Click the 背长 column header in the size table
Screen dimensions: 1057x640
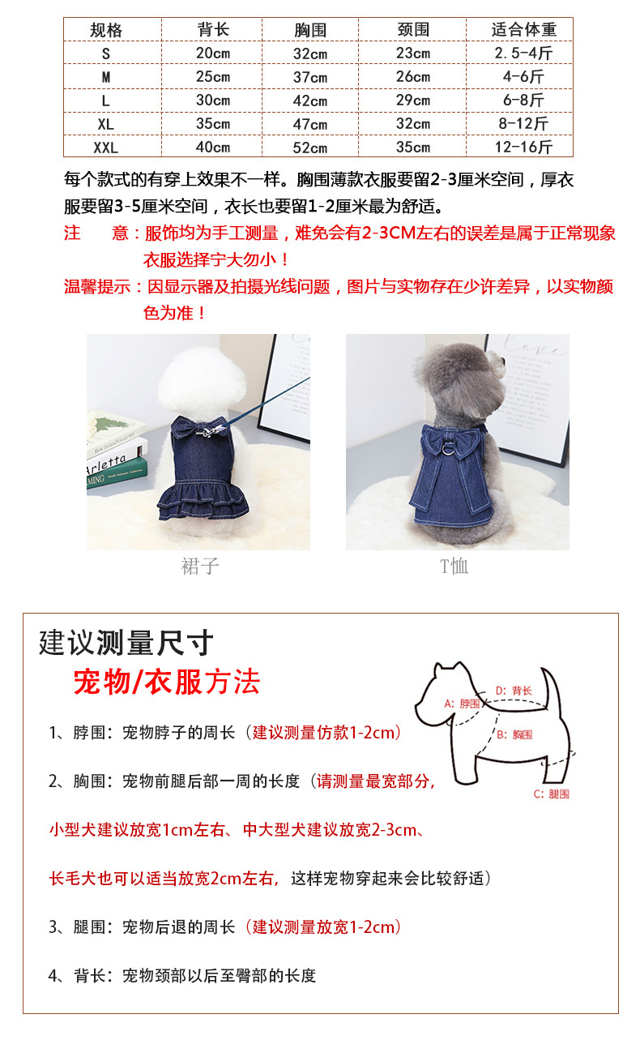click(x=213, y=30)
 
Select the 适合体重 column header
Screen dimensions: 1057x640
click(x=523, y=30)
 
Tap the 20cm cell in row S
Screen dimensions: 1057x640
click(x=213, y=53)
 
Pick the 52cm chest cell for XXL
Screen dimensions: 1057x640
click(x=310, y=148)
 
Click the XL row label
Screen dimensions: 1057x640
click(x=105, y=124)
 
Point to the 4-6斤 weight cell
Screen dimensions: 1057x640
click(x=523, y=77)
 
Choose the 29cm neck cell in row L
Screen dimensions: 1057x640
click(x=413, y=101)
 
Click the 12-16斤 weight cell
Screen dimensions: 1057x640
click(x=523, y=148)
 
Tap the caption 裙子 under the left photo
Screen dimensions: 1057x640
click(x=199, y=566)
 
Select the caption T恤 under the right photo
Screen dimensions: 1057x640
click(x=454, y=566)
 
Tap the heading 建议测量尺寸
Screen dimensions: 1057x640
click(x=126, y=643)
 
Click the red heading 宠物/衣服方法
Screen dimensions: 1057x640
click(x=166, y=683)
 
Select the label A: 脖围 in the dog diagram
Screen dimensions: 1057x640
click(x=462, y=704)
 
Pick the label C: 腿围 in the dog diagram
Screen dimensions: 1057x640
click(x=551, y=794)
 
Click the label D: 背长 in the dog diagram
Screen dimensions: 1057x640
click(x=514, y=691)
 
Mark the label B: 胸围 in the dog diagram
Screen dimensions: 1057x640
click(x=515, y=734)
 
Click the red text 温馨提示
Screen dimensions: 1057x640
click(x=97, y=287)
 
